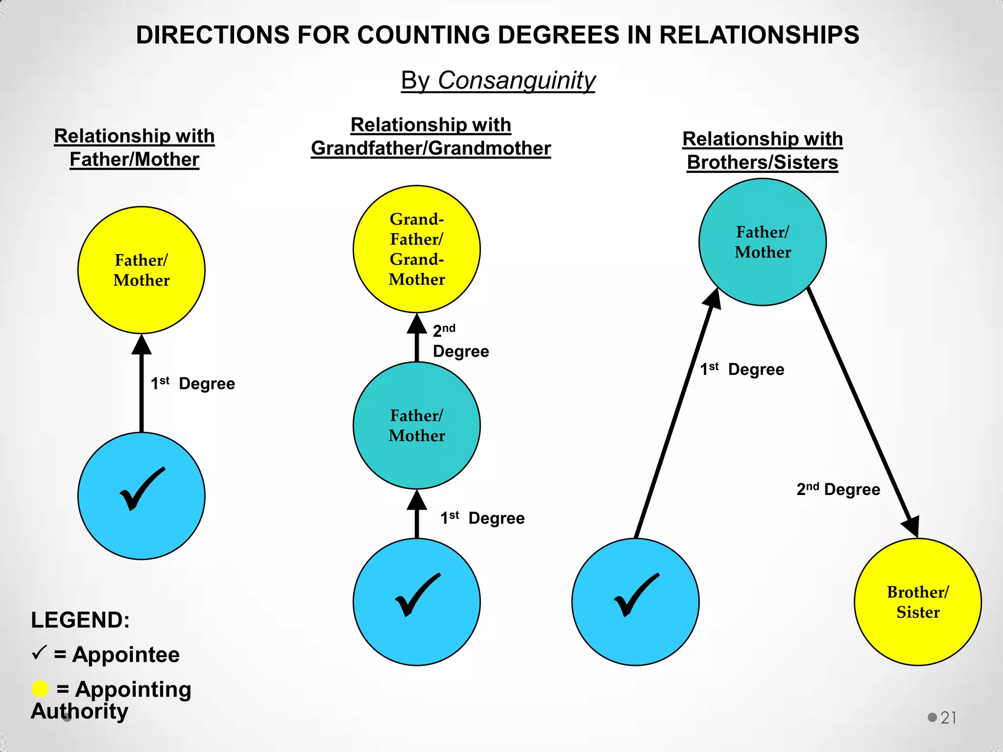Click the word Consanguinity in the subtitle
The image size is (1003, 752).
point(517,80)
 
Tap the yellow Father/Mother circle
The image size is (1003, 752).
point(142,270)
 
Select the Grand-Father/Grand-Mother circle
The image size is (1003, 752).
point(417,249)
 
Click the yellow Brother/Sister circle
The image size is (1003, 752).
point(918,602)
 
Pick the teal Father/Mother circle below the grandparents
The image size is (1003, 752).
point(417,425)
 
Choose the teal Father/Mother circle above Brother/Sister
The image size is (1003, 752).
point(763,242)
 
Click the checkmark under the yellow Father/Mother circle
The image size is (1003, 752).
point(143,489)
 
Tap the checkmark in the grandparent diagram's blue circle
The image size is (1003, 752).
point(418,595)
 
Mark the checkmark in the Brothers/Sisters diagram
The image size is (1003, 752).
point(637,595)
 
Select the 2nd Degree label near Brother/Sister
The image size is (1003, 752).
point(838,489)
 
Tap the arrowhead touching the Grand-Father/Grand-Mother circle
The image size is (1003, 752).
point(417,324)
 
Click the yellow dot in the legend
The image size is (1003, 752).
point(40,689)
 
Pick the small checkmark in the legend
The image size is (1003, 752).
point(39,652)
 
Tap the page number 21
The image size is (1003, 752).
point(948,718)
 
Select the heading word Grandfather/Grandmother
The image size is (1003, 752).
point(431,148)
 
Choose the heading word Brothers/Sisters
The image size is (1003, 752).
point(763,163)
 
